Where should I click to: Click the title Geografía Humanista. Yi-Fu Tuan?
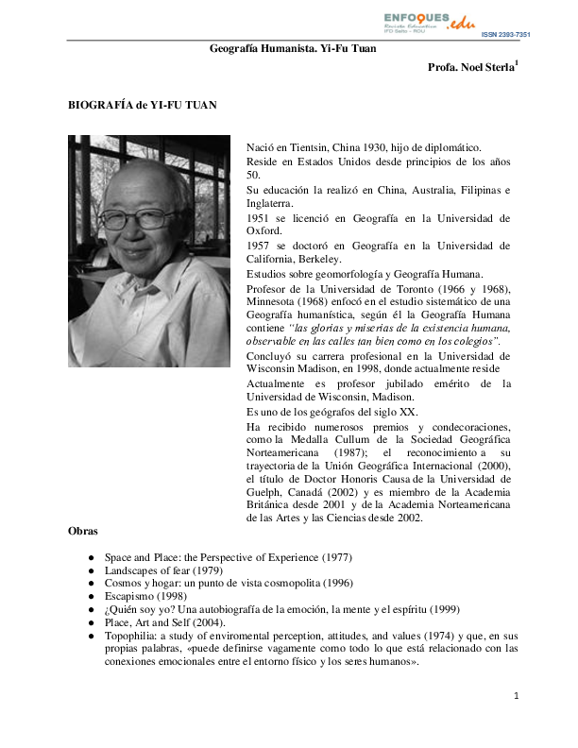coord(293,48)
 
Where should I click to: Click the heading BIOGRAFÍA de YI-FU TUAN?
coord(143,106)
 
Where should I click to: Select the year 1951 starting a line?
coord(260,217)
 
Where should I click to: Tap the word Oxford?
coord(263,231)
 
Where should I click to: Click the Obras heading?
coord(83,533)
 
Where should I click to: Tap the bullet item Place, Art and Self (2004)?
coord(166,623)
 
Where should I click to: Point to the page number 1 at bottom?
coord(517,696)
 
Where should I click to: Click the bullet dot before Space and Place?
coord(90,559)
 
